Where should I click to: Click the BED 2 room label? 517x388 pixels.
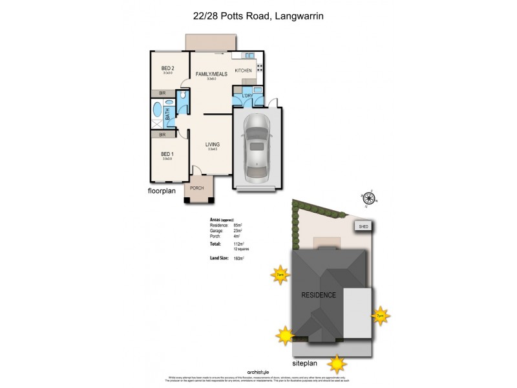tap(168, 68)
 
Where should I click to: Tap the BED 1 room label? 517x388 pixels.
tap(168, 154)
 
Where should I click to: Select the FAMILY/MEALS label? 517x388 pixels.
tap(209, 75)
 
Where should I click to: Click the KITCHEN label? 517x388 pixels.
tap(243, 70)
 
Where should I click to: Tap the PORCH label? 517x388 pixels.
tap(196, 188)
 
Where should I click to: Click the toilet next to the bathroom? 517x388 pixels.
tap(184, 96)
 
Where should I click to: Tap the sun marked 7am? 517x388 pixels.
tap(280, 274)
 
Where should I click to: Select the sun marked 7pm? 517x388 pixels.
tap(380, 315)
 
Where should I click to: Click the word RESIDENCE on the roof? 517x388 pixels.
tap(319, 295)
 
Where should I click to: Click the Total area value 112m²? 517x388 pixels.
tap(237, 244)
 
